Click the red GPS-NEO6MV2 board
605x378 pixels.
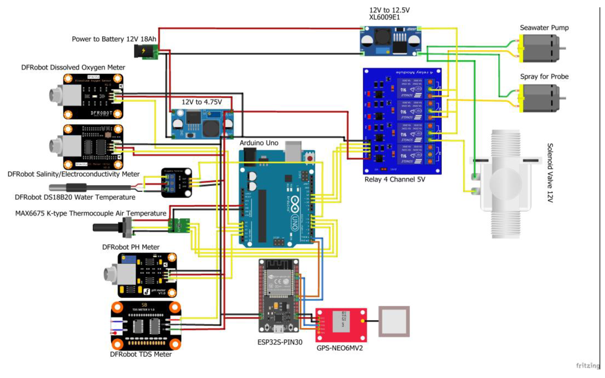click(x=341, y=325)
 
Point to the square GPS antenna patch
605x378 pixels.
click(x=394, y=321)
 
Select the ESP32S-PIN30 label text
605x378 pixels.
click(x=280, y=342)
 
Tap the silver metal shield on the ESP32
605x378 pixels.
click(x=278, y=282)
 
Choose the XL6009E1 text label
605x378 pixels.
click(x=384, y=17)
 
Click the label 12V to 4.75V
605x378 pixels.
click(x=202, y=102)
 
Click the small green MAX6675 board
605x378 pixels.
click(x=179, y=225)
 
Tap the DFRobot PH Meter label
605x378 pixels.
click(x=131, y=247)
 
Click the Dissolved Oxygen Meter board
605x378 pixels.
click(x=93, y=96)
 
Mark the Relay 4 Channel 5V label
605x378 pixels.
click(x=395, y=179)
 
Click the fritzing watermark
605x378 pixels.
click(x=587, y=366)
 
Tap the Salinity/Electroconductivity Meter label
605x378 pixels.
click(x=73, y=174)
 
